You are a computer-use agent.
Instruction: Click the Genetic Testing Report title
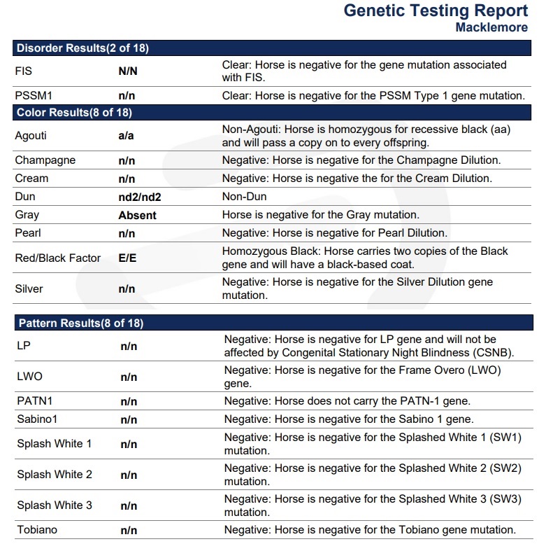point(436,11)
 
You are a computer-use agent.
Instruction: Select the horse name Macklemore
point(491,28)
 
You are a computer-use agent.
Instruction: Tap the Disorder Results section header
point(82,48)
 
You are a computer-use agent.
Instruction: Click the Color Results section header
point(74,112)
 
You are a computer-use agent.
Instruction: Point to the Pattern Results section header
point(80,323)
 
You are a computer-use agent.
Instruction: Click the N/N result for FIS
point(127,71)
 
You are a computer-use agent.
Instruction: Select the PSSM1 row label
point(34,95)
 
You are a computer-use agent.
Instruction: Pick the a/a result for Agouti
point(126,136)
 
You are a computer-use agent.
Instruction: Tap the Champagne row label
point(45,160)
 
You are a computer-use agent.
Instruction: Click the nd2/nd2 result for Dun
point(140,197)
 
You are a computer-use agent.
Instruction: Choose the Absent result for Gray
point(137,216)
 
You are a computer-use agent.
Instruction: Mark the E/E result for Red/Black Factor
point(127,258)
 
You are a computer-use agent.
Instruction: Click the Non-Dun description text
point(245,197)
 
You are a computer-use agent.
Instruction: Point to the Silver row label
point(29,288)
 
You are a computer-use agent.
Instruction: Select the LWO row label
point(30,377)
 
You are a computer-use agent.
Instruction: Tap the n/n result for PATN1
point(129,401)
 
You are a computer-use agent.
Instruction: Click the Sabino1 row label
point(37,419)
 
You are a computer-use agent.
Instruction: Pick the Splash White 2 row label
point(55,475)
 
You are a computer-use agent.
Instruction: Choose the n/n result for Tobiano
point(129,530)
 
